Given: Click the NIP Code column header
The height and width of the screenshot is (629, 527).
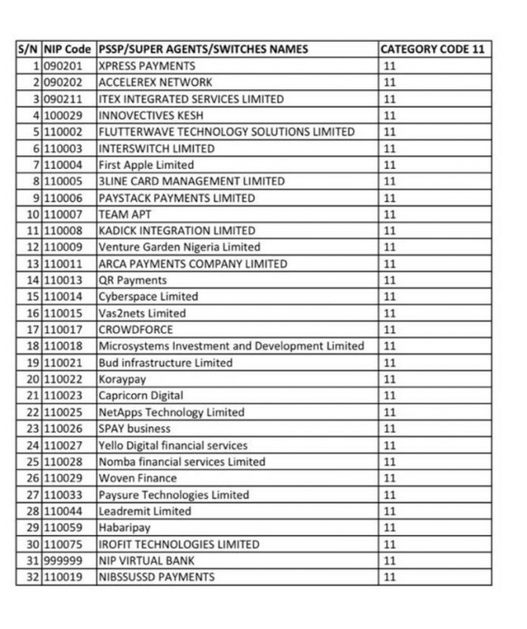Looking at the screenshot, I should tap(69, 49).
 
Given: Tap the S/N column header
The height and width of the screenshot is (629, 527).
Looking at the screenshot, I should tap(29, 49).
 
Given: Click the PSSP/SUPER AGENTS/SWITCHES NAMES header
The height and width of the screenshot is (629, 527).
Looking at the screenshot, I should tap(203, 49).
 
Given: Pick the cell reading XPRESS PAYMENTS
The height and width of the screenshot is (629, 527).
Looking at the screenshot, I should tap(147, 66).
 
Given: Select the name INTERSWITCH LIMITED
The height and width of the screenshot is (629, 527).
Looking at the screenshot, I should tap(156, 148).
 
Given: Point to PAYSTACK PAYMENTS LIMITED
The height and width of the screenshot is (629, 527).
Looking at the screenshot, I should tap(176, 198).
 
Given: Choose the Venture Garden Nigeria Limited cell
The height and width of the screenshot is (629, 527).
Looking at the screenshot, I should tap(179, 247).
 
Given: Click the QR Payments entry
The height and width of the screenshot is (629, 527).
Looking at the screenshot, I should tap(133, 280).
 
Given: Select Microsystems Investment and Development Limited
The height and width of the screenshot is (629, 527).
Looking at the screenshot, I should tap(231, 346).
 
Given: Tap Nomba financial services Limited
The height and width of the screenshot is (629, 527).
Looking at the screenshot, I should tap(182, 462).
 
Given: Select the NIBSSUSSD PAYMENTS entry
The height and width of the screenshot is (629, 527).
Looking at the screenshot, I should tap(156, 577).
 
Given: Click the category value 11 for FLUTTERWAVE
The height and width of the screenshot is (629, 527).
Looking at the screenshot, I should tap(390, 132).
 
